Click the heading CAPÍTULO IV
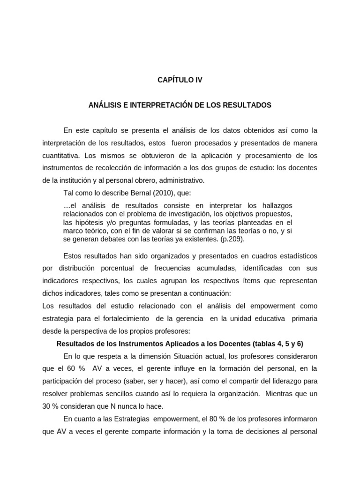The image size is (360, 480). click(180, 80)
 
